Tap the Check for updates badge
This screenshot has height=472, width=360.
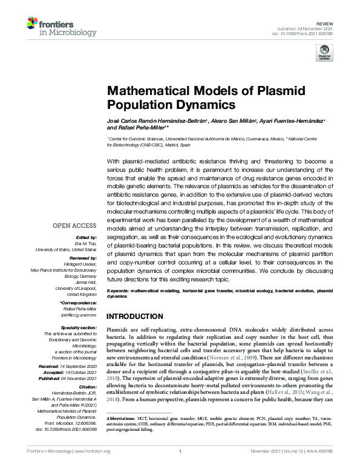pyautogui.click(x=325, y=52)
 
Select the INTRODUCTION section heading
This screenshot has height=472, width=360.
pyautogui.click(x=135, y=316)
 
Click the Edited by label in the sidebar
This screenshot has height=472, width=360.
pyautogui.click(x=85, y=238)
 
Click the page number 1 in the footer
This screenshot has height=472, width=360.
pyautogui.click(x=180, y=467)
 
